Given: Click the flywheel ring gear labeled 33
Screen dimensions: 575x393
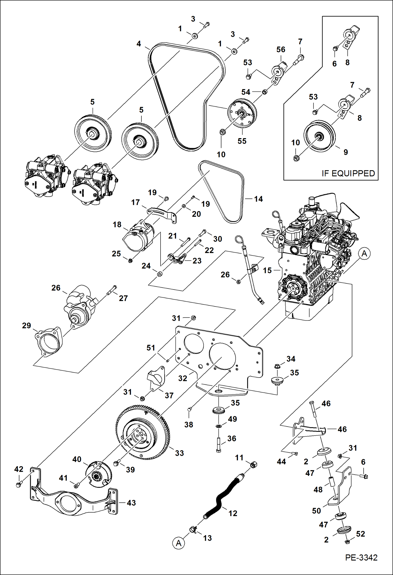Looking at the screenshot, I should pyautogui.click(x=143, y=432).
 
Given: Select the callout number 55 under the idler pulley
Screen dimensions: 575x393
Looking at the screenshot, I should pyautogui.click(x=242, y=141).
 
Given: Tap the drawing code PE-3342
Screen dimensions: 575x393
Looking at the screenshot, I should pyautogui.click(x=361, y=557).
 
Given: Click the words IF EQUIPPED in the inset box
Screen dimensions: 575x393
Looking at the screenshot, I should pyautogui.click(x=348, y=173).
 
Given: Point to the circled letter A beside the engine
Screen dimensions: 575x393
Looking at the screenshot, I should pyautogui.click(x=364, y=254).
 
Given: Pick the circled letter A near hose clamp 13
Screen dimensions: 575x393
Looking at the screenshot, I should pyautogui.click(x=179, y=543).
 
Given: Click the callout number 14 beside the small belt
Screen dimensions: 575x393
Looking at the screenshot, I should pyautogui.click(x=258, y=199).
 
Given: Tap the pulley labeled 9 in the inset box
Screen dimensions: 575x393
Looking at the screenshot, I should pyautogui.click(x=320, y=136).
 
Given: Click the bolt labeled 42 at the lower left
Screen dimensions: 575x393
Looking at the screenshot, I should pyautogui.click(x=18, y=485).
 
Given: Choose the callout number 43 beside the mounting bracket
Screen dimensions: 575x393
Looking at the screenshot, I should pyautogui.click(x=131, y=503).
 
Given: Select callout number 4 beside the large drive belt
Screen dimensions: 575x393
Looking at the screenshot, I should pyautogui.click(x=139, y=44).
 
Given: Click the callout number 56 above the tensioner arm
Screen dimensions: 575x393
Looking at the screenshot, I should pyautogui.click(x=280, y=49).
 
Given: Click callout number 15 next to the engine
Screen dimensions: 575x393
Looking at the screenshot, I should pyautogui.click(x=267, y=270).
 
